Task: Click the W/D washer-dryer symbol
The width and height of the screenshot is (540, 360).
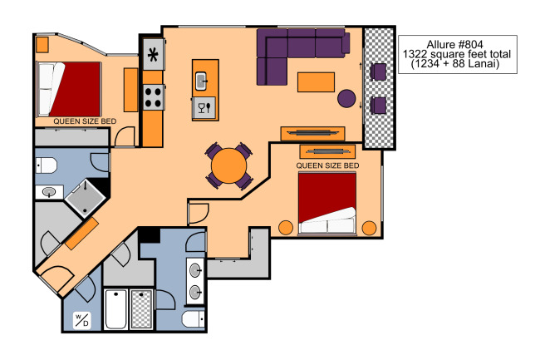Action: [82, 320]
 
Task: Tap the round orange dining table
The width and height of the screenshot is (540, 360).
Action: [229, 165]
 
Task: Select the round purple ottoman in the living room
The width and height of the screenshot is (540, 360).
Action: [346, 99]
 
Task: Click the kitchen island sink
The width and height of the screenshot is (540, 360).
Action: [201, 81]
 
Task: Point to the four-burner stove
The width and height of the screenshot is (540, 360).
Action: [153, 97]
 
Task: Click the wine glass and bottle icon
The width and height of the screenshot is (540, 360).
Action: [204, 108]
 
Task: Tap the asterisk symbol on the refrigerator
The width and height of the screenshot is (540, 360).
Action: [153, 55]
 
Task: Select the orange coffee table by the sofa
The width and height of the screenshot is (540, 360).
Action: [316, 82]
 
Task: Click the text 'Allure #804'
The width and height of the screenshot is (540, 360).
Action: [454, 44]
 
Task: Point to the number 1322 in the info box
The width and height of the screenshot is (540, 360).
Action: [415, 54]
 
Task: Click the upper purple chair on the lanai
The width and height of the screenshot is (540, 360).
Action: [378, 72]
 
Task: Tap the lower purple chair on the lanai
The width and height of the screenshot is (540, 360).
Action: [378, 106]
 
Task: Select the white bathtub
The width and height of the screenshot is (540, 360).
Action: [115, 310]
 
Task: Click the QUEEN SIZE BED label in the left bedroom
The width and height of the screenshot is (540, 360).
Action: [85, 121]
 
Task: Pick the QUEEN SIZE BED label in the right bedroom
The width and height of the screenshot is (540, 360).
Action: [327, 165]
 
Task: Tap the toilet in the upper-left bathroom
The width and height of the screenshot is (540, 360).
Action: [47, 165]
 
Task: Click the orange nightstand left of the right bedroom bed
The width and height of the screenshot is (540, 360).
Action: [286, 228]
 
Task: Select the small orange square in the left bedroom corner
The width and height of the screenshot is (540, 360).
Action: [42, 44]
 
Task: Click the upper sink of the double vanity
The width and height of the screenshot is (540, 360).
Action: [195, 270]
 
